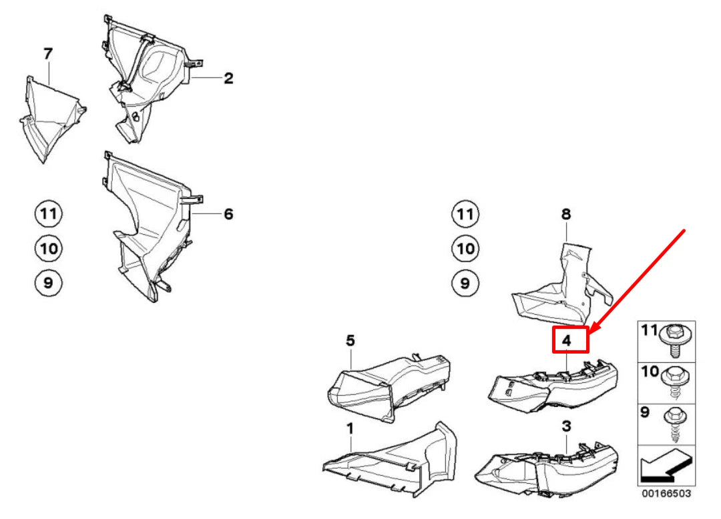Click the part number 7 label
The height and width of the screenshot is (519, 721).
pos(47,54)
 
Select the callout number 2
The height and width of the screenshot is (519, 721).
pos(228,79)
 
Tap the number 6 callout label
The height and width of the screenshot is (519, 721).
pos(228,214)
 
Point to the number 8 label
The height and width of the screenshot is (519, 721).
pos(565,214)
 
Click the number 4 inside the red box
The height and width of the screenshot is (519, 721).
pos(567,340)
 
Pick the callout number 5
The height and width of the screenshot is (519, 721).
pos(350,341)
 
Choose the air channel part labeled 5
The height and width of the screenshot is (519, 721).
pos(387,384)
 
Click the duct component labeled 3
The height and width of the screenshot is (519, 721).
pos(547,467)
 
